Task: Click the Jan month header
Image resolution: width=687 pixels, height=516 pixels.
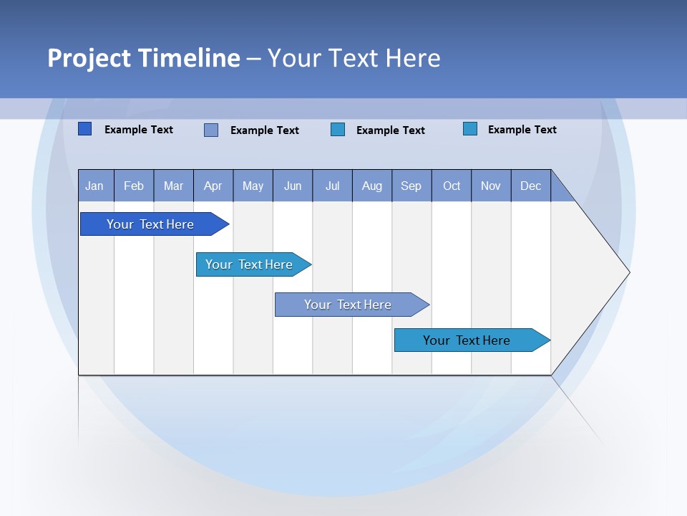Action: click(x=94, y=186)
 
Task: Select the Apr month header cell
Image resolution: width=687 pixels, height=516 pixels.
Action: click(x=213, y=186)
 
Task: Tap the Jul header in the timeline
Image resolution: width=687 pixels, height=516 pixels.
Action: click(x=332, y=186)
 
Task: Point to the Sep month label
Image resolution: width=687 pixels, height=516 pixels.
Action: click(x=411, y=186)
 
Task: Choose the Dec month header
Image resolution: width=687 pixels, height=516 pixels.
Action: click(x=530, y=186)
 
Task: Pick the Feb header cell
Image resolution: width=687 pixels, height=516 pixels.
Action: click(x=134, y=186)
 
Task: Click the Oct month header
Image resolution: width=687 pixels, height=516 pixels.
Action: click(x=452, y=186)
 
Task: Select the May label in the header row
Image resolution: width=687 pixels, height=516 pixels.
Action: click(x=253, y=186)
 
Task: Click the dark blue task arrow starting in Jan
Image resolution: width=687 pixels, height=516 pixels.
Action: click(x=150, y=224)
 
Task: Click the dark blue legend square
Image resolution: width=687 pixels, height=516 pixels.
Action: click(x=85, y=129)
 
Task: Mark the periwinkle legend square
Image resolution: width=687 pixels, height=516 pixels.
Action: click(x=211, y=130)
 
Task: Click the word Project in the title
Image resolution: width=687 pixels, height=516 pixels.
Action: click(x=89, y=58)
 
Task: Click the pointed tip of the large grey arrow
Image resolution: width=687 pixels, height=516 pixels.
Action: click(x=628, y=272)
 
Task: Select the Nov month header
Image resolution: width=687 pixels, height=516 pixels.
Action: click(x=491, y=186)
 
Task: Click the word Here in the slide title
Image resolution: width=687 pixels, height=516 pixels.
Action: click(x=413, y=58)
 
